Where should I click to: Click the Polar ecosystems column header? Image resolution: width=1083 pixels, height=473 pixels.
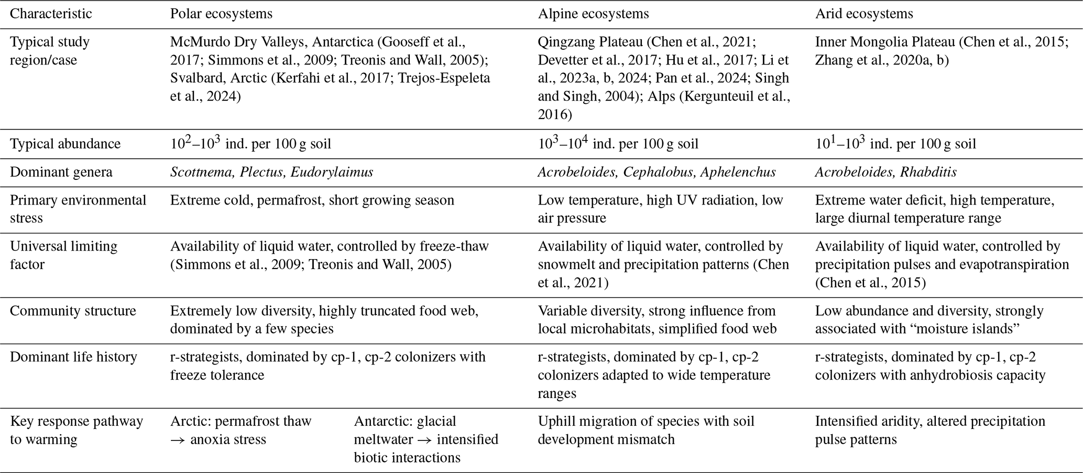point(221,14)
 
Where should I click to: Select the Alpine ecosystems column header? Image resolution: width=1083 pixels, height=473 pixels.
point(593,14)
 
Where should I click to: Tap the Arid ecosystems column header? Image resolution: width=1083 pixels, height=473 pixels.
point(864,14)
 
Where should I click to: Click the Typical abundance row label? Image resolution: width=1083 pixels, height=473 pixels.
point(65,144)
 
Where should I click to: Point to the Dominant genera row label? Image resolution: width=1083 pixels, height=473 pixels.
point(61,172)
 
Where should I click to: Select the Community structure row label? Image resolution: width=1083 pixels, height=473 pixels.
point(73,310)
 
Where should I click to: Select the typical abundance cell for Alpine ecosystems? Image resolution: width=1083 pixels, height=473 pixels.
point(618,144)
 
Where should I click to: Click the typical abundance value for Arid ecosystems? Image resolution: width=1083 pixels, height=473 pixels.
point(895,144)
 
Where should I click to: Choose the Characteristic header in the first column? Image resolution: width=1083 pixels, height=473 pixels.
point(51,14)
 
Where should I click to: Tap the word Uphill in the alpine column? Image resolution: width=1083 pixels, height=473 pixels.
point(556,421)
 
